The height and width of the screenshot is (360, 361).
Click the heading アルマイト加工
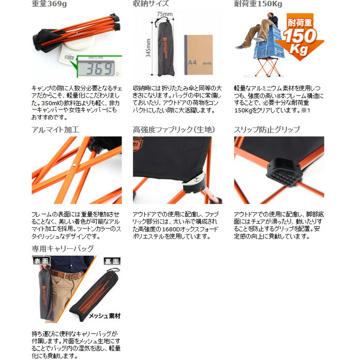click(x=55, y=129)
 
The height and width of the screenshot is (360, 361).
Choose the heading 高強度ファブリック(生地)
click(x=173, y=129)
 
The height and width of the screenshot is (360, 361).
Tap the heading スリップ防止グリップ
click(x=267, y=129)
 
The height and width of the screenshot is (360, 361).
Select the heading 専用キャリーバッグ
click(x=63, y=248)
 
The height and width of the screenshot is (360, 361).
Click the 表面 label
click(x=41, y=261)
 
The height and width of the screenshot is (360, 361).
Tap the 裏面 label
click(x=112, y=261)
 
